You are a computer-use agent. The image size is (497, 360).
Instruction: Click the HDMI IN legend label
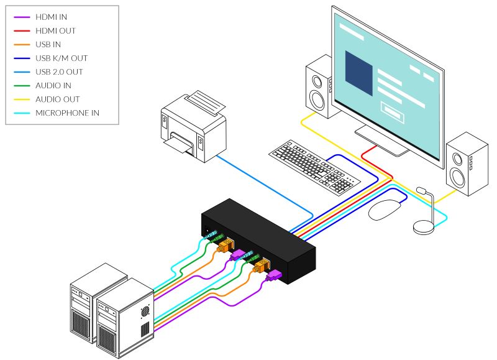51,17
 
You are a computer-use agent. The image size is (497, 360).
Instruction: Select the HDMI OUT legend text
55,30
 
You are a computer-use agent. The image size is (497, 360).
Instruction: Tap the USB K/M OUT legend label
62,58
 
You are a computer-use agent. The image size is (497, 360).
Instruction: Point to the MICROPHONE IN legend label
67,113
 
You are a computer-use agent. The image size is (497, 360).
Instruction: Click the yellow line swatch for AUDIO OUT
22,99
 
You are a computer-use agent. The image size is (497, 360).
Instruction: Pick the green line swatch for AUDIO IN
22,86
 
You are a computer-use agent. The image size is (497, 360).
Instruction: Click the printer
194,126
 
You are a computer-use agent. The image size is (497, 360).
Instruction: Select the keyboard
314,167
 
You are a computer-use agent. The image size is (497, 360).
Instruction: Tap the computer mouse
385,210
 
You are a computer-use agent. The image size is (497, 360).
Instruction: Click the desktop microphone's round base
423,227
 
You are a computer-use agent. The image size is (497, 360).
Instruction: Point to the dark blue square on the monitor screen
359,73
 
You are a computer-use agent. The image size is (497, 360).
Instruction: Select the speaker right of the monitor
467,164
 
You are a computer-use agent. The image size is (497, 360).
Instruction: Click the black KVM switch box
258,241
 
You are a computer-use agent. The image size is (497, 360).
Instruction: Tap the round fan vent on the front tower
145,311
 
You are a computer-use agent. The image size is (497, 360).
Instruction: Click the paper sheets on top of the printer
204,102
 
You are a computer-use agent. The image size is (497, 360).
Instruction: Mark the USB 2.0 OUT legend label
59,72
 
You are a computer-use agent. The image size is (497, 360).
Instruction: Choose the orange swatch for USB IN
22,45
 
